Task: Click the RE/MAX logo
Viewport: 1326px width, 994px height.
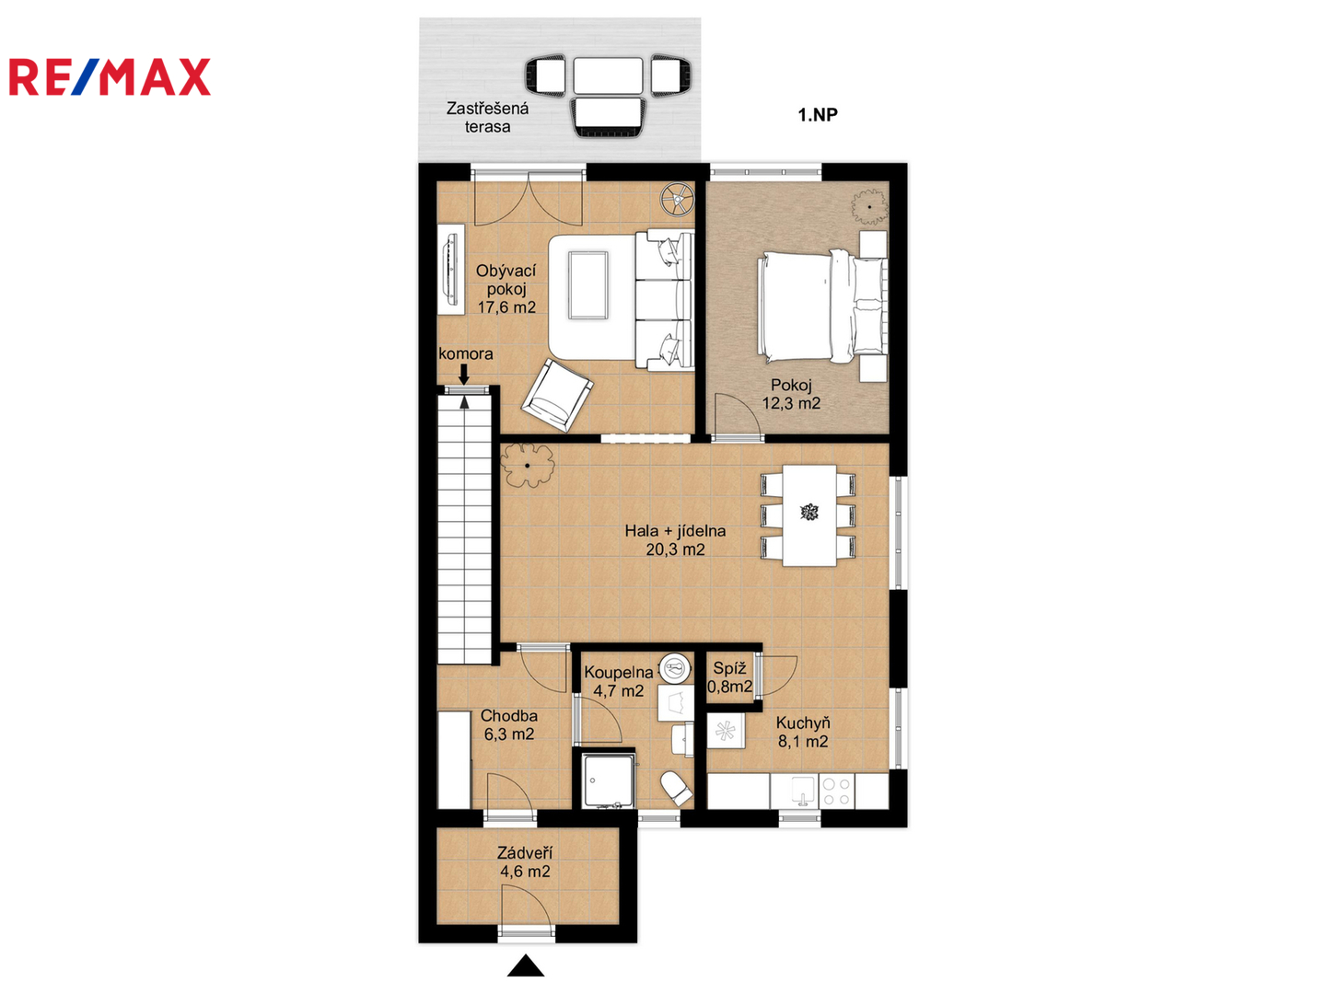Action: [x=110, y=77]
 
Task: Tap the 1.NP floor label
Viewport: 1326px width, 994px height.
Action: [x=818, y=115]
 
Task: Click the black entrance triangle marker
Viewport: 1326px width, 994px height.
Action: [x=526, y=965]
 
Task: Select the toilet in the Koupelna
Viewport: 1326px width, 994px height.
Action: [x=677, y=788]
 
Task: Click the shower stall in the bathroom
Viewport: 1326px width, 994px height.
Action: [x=609, y=781]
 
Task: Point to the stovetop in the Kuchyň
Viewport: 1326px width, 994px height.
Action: [x=837, y=792]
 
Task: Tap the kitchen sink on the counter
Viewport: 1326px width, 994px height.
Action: [x=802, y=792]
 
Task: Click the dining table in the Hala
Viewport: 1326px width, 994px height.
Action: [x=808, y=514]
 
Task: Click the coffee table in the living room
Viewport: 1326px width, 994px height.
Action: [x=587, y=285]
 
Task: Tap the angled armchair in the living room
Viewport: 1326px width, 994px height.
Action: [x=557, y=396]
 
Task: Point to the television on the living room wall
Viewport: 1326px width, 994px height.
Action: [x=450, y=269]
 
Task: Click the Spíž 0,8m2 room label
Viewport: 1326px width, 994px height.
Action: [x=729, y=677]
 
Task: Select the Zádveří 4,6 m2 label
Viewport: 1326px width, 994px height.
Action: [x=525, y=862]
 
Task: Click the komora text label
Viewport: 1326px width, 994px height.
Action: [x=466, y=353]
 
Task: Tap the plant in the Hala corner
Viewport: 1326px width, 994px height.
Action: [x=528, y=466]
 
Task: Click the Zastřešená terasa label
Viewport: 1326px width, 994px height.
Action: [x=487, y=118]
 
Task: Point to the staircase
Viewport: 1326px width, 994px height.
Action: [x=464, y=529]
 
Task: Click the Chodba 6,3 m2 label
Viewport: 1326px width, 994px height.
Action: [x=508, y=725]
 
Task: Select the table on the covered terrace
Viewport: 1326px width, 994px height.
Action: [x=608, y=75]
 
